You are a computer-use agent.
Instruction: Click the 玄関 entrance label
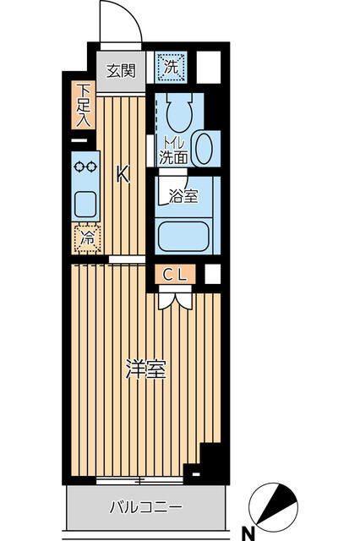(x=120, y=71)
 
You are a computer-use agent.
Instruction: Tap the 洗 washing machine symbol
(x=171, y=68)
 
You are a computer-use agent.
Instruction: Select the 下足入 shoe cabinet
(x=83, y=105)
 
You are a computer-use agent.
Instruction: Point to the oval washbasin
(x=204, y=148)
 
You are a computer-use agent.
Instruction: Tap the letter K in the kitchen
(x=123, y=174)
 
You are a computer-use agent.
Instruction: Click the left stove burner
(x=79, y=167)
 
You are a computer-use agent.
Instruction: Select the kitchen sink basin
(x=85, y=205)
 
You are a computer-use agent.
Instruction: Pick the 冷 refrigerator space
(x=87, y=238)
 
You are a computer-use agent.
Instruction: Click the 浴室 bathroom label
(x=183, y=196)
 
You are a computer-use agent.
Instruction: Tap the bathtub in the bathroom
(x=183, y=236)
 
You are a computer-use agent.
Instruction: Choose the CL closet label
(x=175, y=275)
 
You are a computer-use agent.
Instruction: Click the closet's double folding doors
(x=175, y=301)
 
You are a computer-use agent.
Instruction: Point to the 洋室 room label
(x=146, y=369)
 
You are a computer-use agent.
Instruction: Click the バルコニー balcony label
(x=145, y=507)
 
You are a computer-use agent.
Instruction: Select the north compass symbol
(x=273, y=507)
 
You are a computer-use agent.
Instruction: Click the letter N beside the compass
(x=248, y=535)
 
